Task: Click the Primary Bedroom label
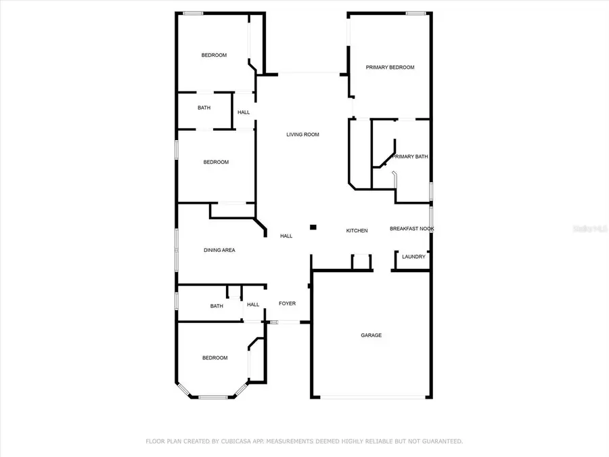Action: pos(390,68)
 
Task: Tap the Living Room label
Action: pos(302,135)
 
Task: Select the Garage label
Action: pos(371,335)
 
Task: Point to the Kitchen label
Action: pos(357,231)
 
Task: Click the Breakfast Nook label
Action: pos(411,229)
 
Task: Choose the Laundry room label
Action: pos(413,257)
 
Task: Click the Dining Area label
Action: pos(219,251)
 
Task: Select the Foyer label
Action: pos(287,304)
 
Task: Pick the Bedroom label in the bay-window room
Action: pos(215,357)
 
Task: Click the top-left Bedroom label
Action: pos(214,56)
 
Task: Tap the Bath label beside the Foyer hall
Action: pos(217,306)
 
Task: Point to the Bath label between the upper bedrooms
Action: pos(204,108)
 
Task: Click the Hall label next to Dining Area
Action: pos(286,236)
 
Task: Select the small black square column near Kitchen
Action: pos(313,228)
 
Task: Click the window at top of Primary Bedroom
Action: pos(415,14)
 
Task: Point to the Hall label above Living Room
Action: pos(244,112)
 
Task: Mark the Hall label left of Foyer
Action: pos(253,305)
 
